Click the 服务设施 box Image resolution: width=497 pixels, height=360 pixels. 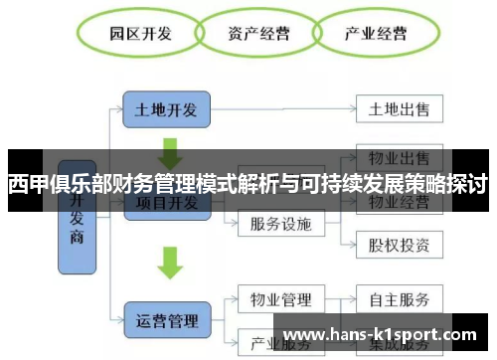tap(280, 223)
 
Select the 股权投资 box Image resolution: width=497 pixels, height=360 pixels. tap(398, 244)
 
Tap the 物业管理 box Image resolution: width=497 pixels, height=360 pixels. tap(280, 299)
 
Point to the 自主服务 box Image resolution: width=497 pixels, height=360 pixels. tap(398, 299)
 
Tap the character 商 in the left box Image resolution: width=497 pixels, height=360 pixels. tap(78, 239)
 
